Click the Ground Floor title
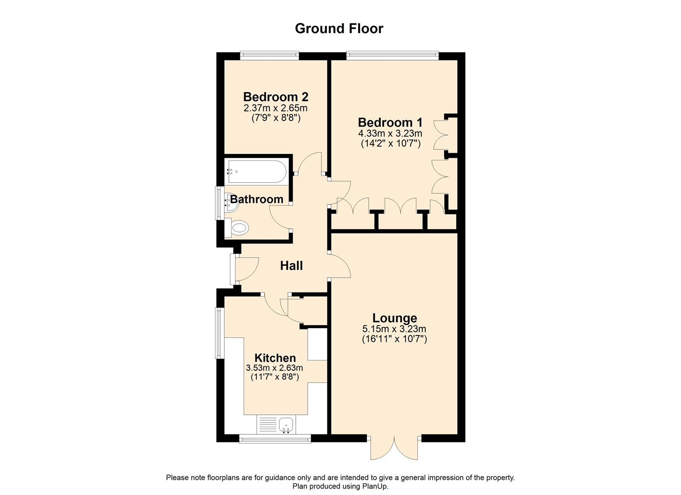[x=339, y=28]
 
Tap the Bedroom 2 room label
[x=276, y=97]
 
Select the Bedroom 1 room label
[x=390, y=123]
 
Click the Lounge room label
[x=394, y=318]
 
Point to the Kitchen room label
[x=275, y=358]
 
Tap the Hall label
[x=291, y=266]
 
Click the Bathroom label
[x=256, y=199]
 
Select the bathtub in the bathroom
[x=256, y=172]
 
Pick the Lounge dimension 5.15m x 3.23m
[x=394, y=329]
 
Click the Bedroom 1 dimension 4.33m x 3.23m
[x=390, y=134]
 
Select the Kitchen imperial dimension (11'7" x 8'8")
[x=275, y=377]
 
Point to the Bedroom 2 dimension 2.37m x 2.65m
[x=276, y=109]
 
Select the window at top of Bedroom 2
[x=269, y=55]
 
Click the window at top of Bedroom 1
[x=392, y=55]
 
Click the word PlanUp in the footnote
[x=374, y=486]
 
